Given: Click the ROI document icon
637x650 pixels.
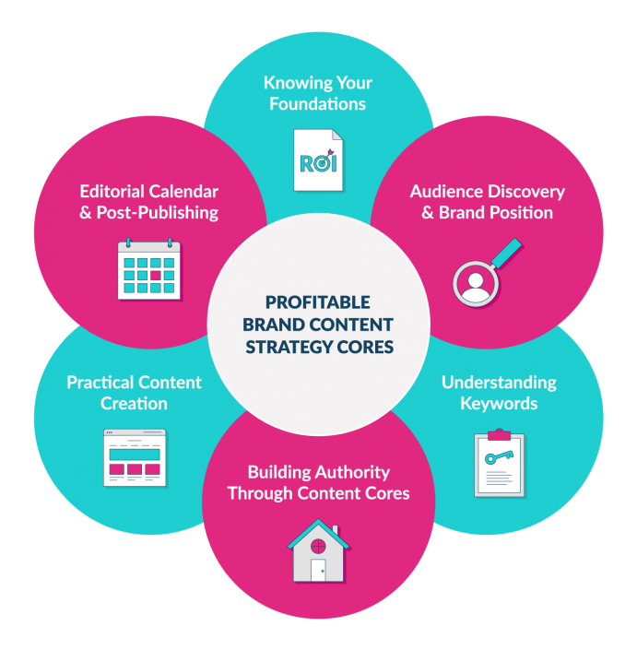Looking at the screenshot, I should (318, 160).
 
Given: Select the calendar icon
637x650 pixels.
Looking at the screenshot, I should (149, 269).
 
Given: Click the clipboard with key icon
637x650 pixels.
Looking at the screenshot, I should (499, 462).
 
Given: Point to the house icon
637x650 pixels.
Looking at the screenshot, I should (318, 550).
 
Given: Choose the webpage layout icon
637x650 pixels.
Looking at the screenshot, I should (134, 458).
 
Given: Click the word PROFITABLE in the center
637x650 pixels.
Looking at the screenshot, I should (318, 302).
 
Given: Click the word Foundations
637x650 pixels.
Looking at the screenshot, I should (318, 104).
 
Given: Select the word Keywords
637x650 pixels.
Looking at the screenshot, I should (499, 404).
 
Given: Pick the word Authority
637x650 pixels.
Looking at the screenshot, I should (349, 472).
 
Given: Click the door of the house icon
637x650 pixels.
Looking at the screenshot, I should (318, 569).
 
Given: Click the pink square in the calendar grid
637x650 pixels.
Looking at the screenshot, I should (157, 275).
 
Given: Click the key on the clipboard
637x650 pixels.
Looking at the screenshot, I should (499, 457).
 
